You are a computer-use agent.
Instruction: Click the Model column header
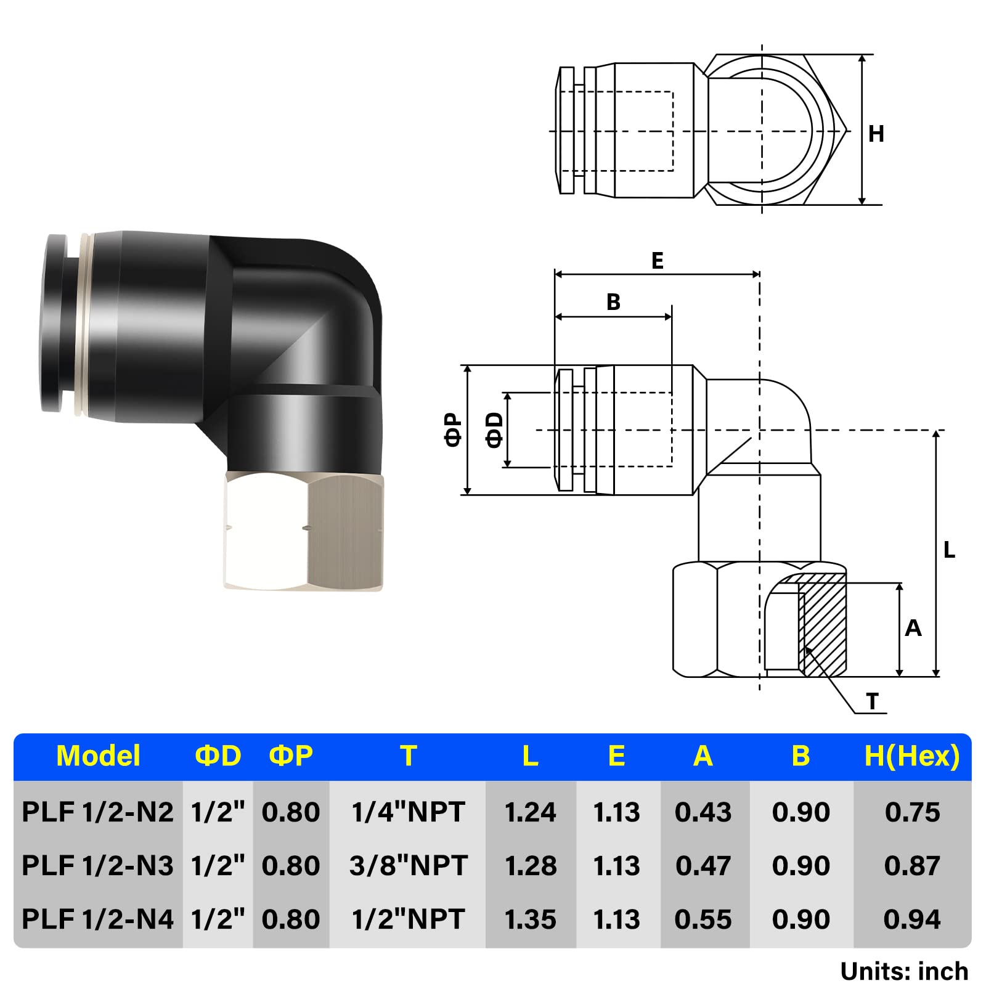pos(98,756)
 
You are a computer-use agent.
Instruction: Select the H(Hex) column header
pos(912,756)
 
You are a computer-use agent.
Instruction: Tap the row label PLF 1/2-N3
pos(97,866)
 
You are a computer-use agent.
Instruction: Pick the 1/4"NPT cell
pos(408,812)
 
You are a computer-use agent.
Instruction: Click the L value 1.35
pos(530,919)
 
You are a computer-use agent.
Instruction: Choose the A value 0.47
pos(703,866)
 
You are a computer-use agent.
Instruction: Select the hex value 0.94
pos(912,919)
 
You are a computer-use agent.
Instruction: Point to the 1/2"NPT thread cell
pos(408,919)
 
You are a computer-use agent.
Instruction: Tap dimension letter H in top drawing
pos(876,134)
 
